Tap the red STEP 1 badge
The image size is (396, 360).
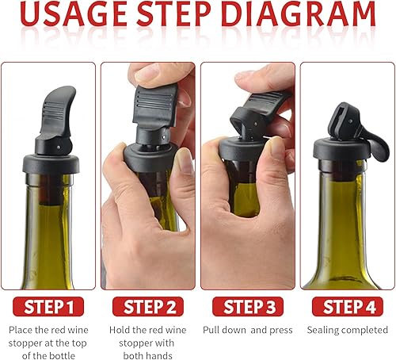click(48, 307)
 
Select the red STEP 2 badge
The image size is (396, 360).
click(148, 307)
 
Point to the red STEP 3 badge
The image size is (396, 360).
click(248, 307)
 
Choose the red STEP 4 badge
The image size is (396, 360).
click(348, 307)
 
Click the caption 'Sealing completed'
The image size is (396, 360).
click(348, 331)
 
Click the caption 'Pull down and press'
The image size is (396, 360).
click(248, 331)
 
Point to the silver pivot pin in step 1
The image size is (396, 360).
click(58, 146)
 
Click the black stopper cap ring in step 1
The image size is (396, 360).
click(51, 164)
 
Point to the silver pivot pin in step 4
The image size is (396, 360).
click(350, 121)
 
